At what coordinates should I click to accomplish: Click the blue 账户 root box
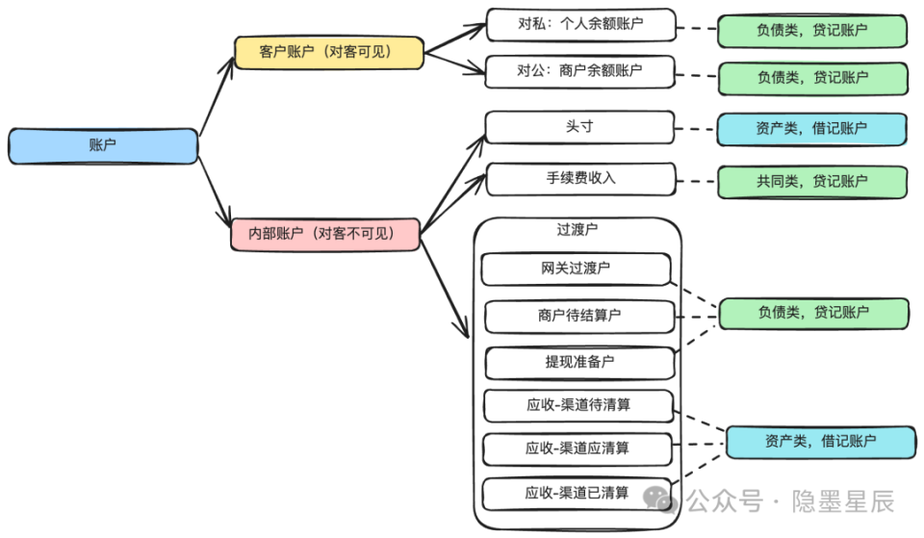[x=103, y=145]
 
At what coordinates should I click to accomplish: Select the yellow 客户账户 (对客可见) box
[x=328, y=52]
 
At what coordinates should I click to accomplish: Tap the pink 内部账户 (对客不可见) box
[x=326, y=234]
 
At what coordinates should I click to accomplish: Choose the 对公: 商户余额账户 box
[x=580, y=71]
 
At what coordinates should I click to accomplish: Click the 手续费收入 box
[x=580, y=179]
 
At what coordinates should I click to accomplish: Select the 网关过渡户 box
[x=576, y=269]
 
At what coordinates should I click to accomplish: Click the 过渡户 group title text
[x=577, y=230]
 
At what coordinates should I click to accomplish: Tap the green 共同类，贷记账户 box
[x=812, y=181]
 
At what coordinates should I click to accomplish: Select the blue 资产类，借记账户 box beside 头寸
[x=811, y=128]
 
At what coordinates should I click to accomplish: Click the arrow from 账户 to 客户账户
[x=217, y=96]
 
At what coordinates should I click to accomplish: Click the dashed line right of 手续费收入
[x=696, y=181]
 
